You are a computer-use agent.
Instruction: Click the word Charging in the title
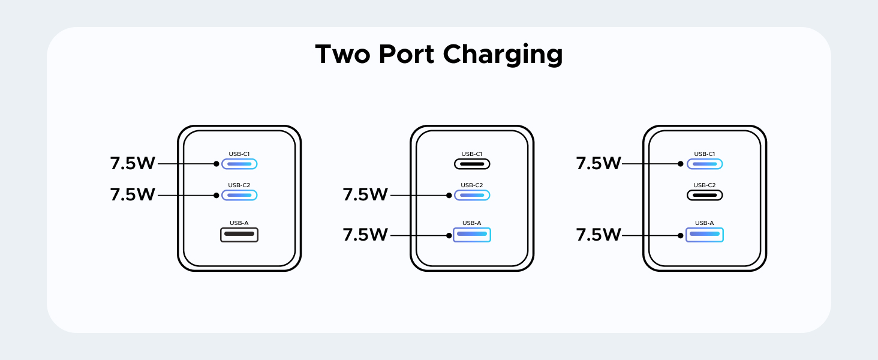click(503, 55)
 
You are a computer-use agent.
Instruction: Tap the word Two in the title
click(342, 54)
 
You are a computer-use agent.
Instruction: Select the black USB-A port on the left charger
click(239, 234)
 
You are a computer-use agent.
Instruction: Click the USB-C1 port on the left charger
click(239, 163)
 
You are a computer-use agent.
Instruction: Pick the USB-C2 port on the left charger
click(239, 195)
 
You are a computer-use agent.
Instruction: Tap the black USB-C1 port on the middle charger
click(472, 163)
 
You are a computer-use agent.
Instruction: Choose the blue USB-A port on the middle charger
click(472, 234)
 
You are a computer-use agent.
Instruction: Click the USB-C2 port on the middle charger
click(472, 195)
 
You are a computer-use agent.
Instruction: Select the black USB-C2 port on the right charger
click(705, 195)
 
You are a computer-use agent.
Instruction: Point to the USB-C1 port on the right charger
click(705, 163)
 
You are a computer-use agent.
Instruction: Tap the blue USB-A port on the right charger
click(705, 234)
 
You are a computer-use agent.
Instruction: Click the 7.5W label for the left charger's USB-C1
click(133, 163)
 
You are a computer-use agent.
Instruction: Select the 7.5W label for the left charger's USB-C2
click(133, 195)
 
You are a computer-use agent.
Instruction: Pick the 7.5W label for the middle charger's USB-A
click(365, 235)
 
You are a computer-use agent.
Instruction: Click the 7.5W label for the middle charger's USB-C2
click(365, 195)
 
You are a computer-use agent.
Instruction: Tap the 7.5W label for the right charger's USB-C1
click(598, 163)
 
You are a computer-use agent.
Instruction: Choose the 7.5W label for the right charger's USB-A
click(598, 235)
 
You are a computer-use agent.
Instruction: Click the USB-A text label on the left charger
click(239, 223)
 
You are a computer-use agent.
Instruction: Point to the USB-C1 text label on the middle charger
click(472, 154)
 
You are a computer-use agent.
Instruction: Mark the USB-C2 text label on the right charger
click(705, 185)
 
